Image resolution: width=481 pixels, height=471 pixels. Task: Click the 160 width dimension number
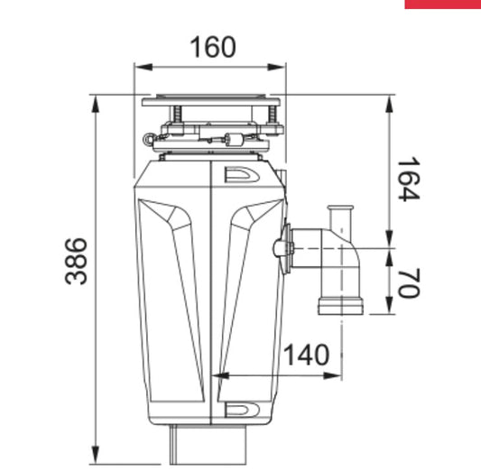tap(212, 46)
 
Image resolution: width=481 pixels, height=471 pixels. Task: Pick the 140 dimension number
tap(306, 355)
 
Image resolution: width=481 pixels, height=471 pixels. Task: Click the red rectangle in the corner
tap(442, 4)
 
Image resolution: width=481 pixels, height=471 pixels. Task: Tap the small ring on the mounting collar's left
tap(148, 141)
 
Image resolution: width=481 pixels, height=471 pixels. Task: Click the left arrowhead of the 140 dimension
tap(217, 374)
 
